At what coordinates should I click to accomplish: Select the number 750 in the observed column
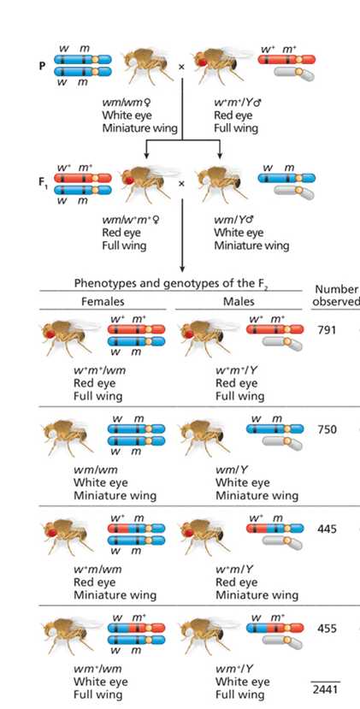click(326, 429)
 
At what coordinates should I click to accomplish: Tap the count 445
click(326, 529)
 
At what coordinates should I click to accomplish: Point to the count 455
click(326, 628)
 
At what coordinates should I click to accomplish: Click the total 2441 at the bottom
click(325, 689)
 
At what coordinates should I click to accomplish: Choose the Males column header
click(239, 302)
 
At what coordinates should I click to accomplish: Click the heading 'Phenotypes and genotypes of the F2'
click(171, 284)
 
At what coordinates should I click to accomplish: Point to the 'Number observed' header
click(336, 295)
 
